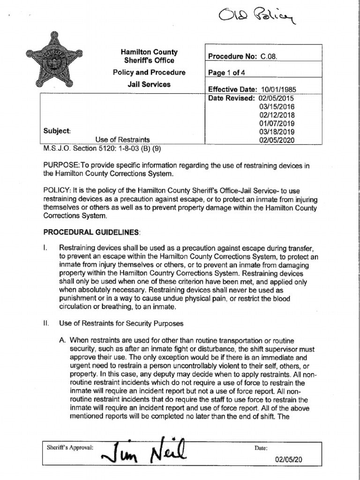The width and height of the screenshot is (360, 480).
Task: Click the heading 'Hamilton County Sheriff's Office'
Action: coord(149,56)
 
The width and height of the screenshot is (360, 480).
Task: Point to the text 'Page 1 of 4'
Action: coord(227,73)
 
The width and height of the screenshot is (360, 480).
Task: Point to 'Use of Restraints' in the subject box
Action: coord(122,140)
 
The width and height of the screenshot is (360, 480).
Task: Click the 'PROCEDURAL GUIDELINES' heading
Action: coord(91,232)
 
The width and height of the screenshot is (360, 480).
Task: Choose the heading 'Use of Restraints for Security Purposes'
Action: coord(121,323)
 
